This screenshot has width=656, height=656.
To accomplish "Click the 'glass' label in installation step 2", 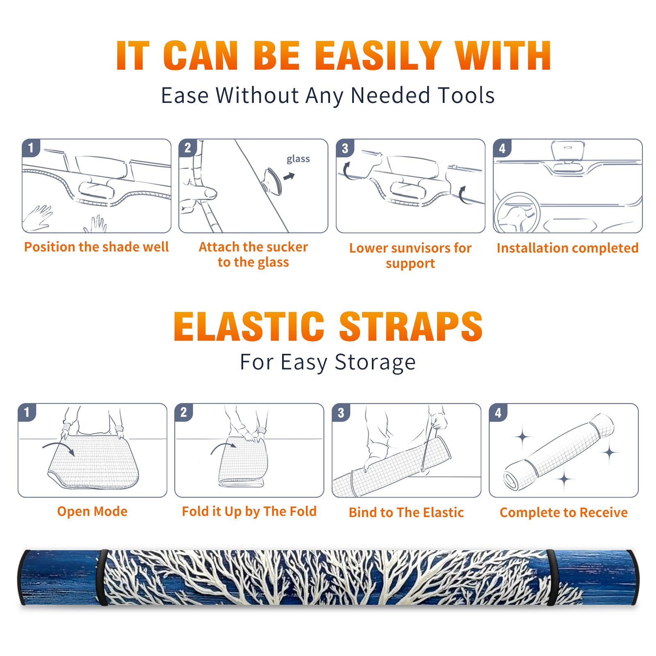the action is coord(298,159).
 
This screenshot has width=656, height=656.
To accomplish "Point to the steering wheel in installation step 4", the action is coord(517,213).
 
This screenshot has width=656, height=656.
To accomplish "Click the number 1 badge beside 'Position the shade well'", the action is coord(31,148).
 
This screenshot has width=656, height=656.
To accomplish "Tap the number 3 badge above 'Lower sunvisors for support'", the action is coord(345,148).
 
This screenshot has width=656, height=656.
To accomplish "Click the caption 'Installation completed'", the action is coord(567,248).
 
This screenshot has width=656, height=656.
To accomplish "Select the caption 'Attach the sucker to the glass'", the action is coord(253,254).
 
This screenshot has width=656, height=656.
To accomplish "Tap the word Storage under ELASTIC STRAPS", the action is coord(375,362).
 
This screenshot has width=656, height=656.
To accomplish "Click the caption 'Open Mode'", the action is coord(92,511).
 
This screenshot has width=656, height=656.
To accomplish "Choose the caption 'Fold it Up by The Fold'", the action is coord(249,512).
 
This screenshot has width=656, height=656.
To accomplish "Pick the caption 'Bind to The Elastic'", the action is coord(406,512).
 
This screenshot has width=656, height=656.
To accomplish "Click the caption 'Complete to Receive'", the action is coord(564,512).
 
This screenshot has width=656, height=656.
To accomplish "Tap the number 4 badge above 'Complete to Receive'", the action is coord(498,412).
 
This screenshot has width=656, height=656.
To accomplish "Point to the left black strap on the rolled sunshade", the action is coord(102,577).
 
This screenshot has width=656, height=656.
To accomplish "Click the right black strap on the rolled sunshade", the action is coord(551,577).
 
